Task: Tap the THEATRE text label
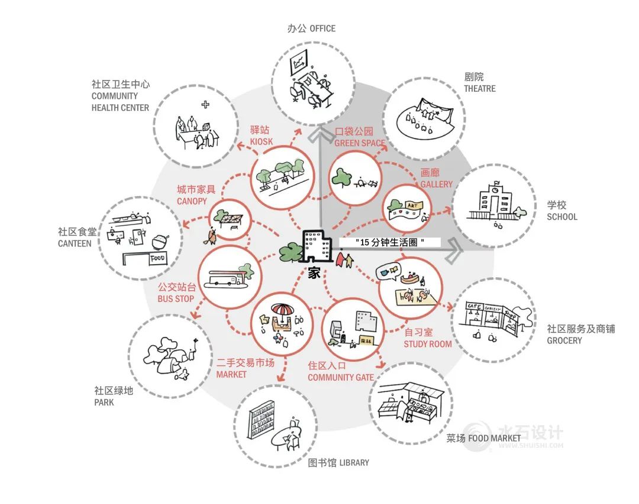[x=480, y=89]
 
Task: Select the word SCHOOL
[x=561, y=217]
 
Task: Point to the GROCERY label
[x=564, y=341]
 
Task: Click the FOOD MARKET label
[x=495, y=438]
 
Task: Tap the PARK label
[x=104, y=403]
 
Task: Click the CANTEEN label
[x=75, y=243]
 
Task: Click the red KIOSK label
[x=261, y=142]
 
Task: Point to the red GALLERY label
[x=436, y=184]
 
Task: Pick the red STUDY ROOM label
[x=427, y=344]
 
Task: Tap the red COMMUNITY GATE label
[x=340, y=377]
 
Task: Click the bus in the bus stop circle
[x=222, y=278]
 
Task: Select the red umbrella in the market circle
[x=282, y=311]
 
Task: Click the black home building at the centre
[x=315, y=246]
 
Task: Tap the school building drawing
[x=489, y=201]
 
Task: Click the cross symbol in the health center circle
[x=205, y=105]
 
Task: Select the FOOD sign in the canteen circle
[x=157, y=259]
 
